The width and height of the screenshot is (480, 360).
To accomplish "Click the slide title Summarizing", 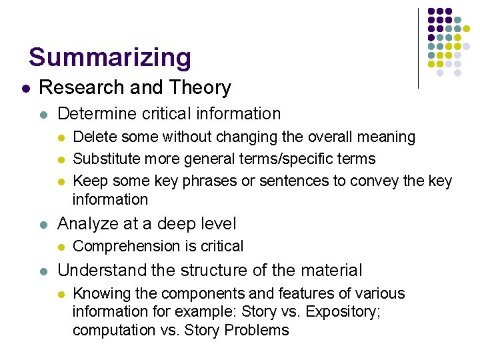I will click(110, 57).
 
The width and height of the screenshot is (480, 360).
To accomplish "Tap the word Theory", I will click(201, 87).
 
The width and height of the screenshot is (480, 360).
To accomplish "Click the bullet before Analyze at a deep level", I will click(43, 225).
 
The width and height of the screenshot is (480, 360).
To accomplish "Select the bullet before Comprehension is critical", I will click(61, 247).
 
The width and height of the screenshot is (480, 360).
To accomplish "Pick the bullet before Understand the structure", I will click(43, 271).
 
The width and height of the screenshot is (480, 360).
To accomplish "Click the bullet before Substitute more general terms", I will click(61, 159).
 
